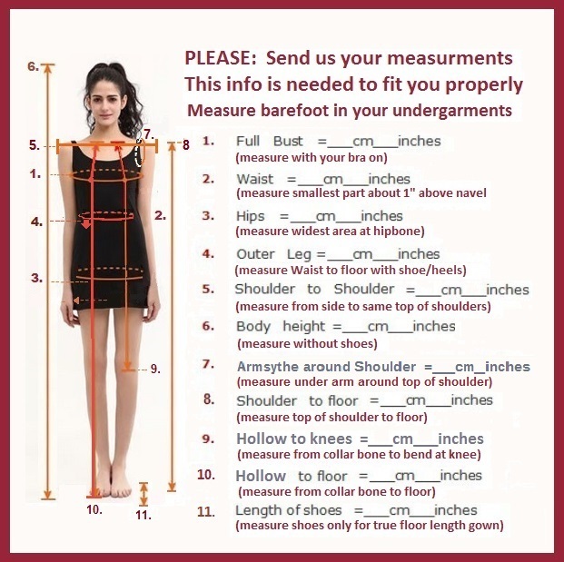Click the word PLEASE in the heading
pos(220,58)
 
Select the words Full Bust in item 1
pos(269,141)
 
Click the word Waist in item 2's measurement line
pos(254,179)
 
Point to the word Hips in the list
pos(250,216)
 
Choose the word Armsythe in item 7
pos(268,367)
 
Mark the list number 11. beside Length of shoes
pos(206,511)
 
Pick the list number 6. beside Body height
pos(208,326)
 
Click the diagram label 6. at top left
pos(33,66)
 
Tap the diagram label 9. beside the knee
pos(155,369)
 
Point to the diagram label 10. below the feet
pos(94,509)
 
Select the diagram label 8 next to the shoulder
pos(185,145)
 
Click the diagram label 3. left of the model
pos(36,278)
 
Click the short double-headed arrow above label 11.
pos(143,494)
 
